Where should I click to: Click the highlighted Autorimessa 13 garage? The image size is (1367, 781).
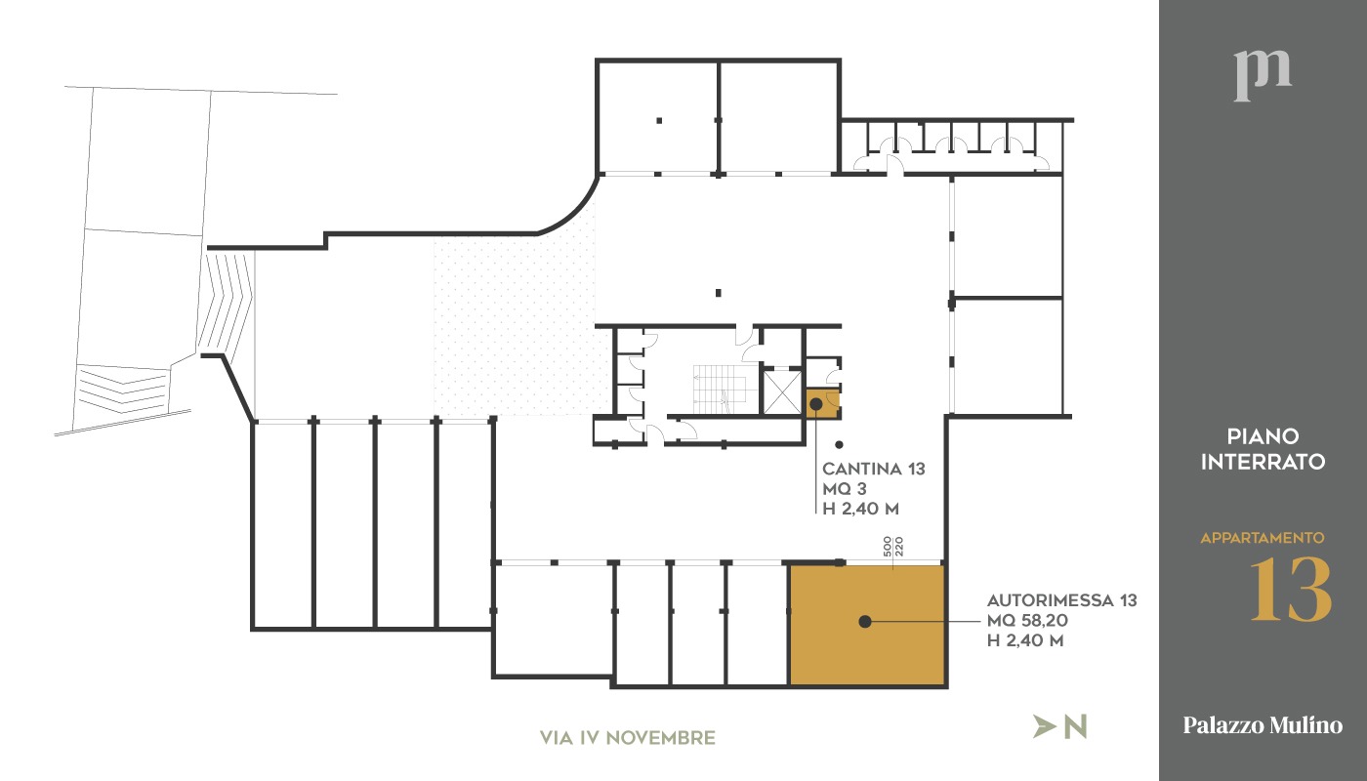pos(867,624)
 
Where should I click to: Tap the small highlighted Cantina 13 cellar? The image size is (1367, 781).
pos(822,404)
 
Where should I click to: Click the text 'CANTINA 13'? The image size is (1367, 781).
pos(873,469)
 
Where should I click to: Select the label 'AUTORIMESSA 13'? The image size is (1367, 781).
pos(1062,600)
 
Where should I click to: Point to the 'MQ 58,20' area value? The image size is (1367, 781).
pos(1027,621)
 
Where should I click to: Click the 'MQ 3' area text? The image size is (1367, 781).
pos(844,489)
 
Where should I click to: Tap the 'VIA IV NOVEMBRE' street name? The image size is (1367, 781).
pos(627,738)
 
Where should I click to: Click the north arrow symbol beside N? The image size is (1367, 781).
pos(1044,726)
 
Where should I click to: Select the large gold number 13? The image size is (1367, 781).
pos(1290,590)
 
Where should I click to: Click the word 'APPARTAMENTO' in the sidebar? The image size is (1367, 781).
pos(1262,538)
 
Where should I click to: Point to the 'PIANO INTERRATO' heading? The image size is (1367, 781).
pos(1263,449)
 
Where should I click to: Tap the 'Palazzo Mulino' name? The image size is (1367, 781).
pos(1262,724)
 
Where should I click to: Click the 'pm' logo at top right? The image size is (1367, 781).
pos(1262,76)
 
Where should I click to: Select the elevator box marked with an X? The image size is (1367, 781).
pos(782,392)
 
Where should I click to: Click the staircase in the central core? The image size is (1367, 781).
pos(720,390)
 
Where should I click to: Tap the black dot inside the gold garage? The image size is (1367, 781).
pos(865,622)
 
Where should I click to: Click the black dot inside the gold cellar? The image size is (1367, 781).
pos(816,403)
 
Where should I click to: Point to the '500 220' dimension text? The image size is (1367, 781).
pos(892,547)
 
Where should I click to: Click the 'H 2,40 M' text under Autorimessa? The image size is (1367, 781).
pos(1025,640)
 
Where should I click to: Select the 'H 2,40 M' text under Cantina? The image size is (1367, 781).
pos(860,509)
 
